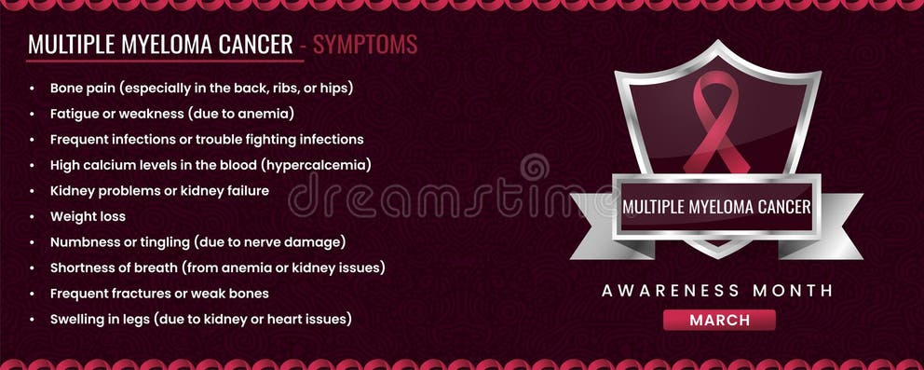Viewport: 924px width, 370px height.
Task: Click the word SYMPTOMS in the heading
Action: pos(364,44)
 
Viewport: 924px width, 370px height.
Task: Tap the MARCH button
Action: pos(719,320)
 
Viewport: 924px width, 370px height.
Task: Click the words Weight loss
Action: pos(87,216)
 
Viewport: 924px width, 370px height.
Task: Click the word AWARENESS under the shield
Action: pos(664,291)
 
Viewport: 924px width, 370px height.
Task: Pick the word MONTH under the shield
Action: pos(787,291)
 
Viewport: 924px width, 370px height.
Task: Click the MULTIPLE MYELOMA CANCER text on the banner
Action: pos(715,206)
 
